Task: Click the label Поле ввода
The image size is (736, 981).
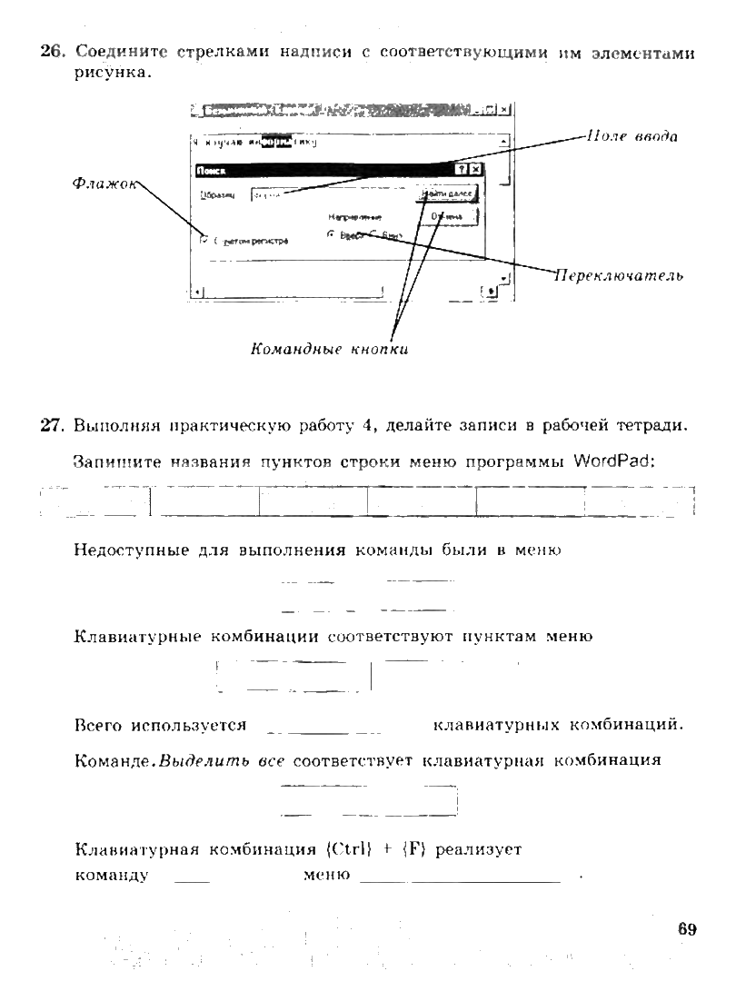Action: tap(632, 136)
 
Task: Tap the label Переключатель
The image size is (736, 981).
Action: tap(619, 274)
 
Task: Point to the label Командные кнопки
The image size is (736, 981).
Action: tap(329, 350)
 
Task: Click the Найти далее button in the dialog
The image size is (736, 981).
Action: tap(447, 194)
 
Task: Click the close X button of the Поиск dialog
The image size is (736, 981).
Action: tap(475, 170)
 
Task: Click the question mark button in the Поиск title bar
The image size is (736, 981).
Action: tap(462, 170)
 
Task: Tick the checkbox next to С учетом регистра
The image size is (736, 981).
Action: tap(203, 241)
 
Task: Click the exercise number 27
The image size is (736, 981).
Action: tap(51, 425)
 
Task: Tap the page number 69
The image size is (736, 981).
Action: tap(686, 928)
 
